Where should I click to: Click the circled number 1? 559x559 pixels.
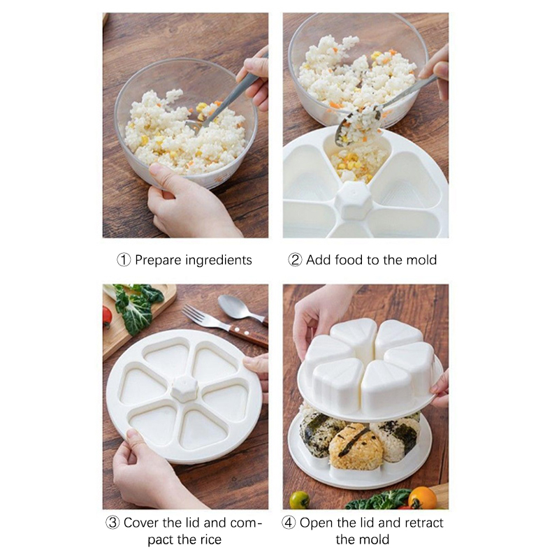tap(124, 260)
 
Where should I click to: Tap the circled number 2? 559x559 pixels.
tap(295, 260)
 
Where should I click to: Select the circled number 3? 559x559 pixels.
tap(112, 523)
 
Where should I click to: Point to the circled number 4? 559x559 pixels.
tap(289, 523)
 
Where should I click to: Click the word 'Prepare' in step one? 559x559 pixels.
tap(159, 261)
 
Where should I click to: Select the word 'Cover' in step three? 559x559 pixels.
tap(141, 523)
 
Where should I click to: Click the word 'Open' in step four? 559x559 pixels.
tap(317, 523)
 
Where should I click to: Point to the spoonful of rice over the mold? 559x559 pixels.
tap(358, 126)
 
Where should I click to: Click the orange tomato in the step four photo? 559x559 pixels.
tap(422, 498)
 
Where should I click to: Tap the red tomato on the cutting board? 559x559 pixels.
tap(107, 317)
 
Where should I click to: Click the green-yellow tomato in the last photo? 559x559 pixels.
tap(300, 500)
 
